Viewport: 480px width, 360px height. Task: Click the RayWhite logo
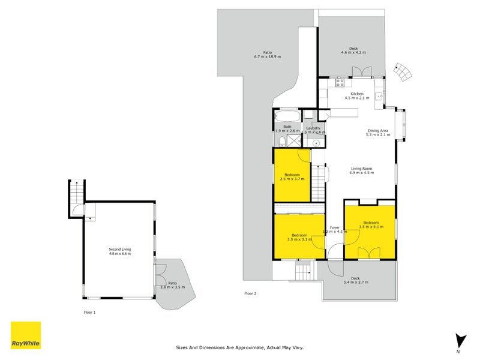pos(26,335)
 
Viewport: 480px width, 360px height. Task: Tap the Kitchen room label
pos(357,94)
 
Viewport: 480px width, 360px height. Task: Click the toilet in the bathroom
pos(281,140)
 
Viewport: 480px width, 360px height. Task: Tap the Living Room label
pos(362,169)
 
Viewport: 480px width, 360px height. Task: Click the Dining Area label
pos(378,131)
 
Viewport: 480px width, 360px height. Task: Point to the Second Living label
pos(119,249)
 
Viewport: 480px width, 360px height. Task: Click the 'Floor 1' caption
pos(89,312)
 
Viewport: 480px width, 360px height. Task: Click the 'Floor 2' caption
pos(250,293)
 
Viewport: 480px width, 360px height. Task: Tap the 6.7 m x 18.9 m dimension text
pos(267,57)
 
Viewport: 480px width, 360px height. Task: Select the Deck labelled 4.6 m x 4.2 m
pos(353,50)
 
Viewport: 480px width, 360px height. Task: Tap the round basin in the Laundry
pos(315,142)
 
